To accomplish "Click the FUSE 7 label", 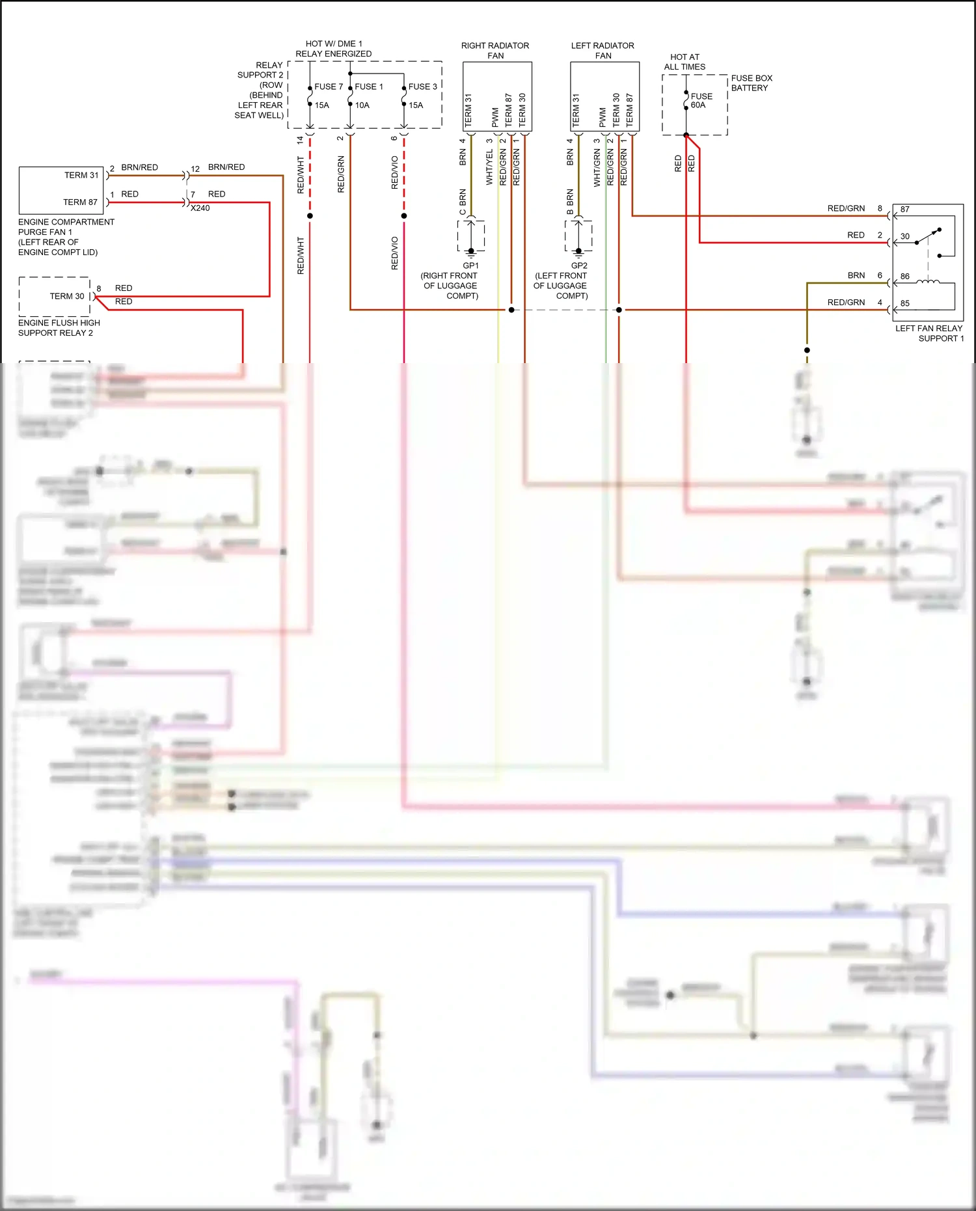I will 329,87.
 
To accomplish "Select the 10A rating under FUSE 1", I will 362,105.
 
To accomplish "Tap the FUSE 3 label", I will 423,87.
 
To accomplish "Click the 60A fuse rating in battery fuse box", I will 698,105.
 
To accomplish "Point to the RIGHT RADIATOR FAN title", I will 495,51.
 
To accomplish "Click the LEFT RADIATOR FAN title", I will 603,51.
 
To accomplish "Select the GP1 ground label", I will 470,265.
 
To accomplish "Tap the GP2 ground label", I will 579,265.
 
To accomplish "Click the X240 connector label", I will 200,208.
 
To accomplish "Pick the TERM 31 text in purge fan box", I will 81,175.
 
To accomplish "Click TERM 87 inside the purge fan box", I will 80,202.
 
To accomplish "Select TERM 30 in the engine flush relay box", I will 67,296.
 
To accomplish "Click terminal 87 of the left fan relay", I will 905,210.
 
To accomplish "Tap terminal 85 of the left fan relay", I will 905,303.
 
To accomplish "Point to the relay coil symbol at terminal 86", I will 928,281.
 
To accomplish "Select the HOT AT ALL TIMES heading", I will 685,62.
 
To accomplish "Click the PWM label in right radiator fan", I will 495,118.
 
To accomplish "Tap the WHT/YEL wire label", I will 489,167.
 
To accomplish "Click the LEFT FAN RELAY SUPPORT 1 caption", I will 929,333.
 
